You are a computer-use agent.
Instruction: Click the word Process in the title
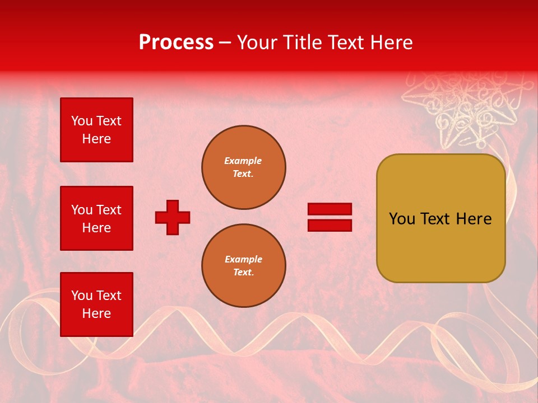[x=176, y=43]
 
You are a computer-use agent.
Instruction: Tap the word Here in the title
[x=390, y=43]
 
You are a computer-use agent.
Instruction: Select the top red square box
[x=96, y=130]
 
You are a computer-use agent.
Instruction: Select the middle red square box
[x=96, y=218]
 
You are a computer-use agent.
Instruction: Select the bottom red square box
[x=96, y=304]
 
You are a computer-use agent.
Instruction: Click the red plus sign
[x=173, y=217]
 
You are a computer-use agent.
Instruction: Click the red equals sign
[x=330, y=217]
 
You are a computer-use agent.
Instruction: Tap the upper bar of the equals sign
[x=330, y=209]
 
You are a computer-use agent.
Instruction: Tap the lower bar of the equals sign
[x=330, y=225]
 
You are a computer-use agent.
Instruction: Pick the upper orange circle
[x=243, y=167]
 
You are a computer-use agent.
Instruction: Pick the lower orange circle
[x=243, y=266]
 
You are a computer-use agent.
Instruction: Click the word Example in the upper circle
[x=243, y=161]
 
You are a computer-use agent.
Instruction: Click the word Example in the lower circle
[x=243, y=259]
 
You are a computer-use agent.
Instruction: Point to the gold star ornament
[x=470, y=109]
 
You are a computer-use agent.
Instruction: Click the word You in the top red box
[x=81, y=121]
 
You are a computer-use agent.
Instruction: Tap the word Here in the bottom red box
[x=96, y=313]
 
